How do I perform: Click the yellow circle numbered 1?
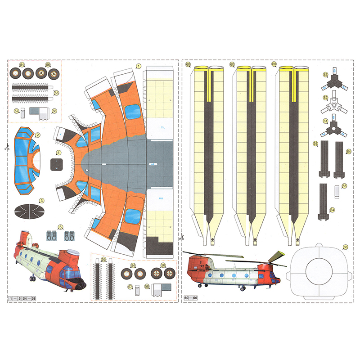[139, 66]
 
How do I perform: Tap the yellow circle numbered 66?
[345, 247]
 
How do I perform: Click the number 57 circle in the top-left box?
[16, 111]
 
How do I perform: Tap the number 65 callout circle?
[344, 185]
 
